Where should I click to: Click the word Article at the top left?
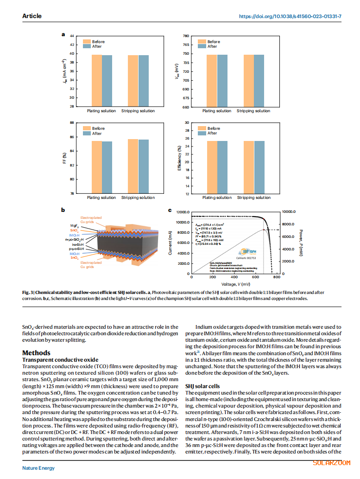(32, 16)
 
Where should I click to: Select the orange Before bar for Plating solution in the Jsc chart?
(97, 81)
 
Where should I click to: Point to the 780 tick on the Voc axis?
(185, 36)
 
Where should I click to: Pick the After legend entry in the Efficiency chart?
(212, 134)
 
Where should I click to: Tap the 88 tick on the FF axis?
(72, 123)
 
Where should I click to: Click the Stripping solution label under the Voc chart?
(253, 111)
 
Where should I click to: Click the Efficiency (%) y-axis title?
(179, 158)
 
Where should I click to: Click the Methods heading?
(36, 353)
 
